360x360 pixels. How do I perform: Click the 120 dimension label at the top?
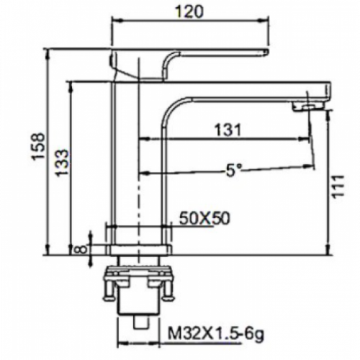click(189, 12)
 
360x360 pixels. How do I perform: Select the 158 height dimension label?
click(39, 145)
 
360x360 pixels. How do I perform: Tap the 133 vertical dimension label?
click(62, 163)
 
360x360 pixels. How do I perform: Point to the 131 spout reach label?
click(227, 130)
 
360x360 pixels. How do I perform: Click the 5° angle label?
click(233, 171)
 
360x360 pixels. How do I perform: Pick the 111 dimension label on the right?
click(338, 186)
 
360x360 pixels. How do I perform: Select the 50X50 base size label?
click(204, 218)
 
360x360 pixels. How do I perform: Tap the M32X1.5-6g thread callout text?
click(216, 333)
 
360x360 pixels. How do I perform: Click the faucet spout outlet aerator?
click(308, 107)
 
